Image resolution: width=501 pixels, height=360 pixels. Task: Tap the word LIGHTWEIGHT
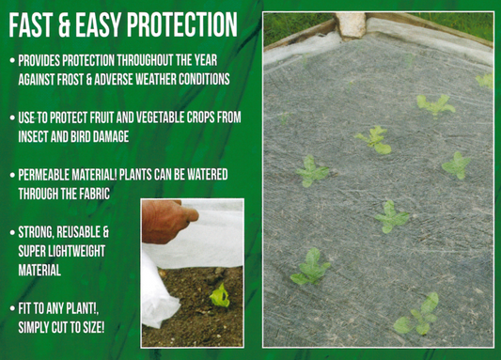77,251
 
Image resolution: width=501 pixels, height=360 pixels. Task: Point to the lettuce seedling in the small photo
219,297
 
